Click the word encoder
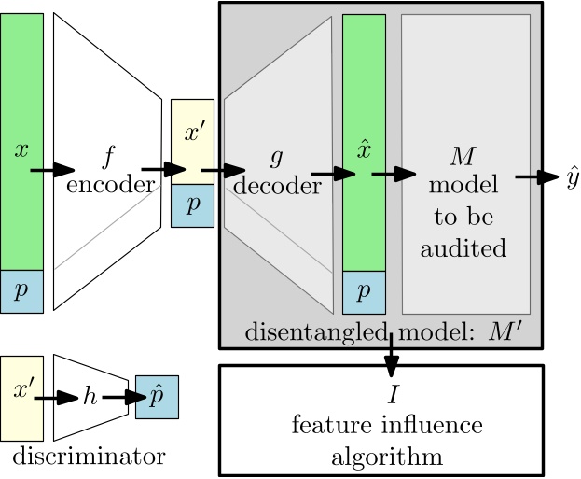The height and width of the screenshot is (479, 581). click(110, 184)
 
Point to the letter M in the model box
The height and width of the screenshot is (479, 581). click(463, 152)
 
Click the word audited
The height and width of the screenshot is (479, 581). click(463, 249)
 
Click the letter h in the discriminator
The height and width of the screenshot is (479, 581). click(90, 397)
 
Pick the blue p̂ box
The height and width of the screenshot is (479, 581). click(156, 397)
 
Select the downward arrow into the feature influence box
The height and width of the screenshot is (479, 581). click(391, 351)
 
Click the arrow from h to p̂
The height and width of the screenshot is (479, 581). click(119, 398)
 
